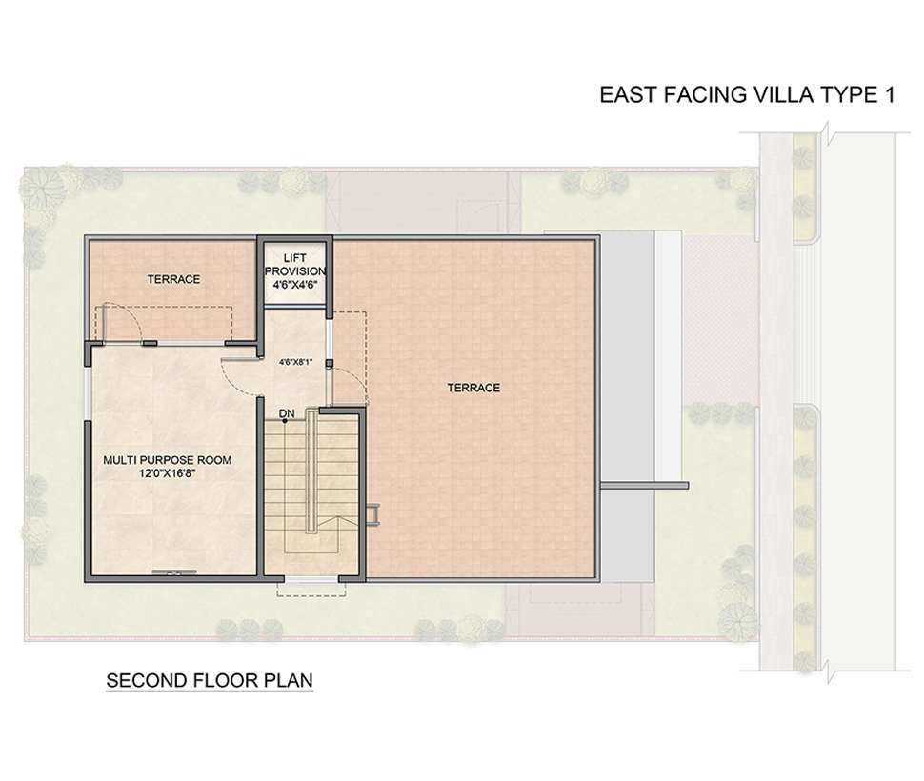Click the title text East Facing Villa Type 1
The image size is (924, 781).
[x=747, y=95]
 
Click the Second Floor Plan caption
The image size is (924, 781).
[x=210, y=680]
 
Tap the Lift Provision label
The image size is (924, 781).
[x=294, y=265]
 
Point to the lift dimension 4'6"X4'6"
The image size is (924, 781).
[x=294, y=285]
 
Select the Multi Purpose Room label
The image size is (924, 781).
[x=168, y=460]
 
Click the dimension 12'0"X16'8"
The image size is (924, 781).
[x=168, y=473]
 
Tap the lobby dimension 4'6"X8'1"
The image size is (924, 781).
[x=294, y=362]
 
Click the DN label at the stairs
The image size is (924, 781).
[x=287, y=413]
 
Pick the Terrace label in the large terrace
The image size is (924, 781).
[x=473, y=388]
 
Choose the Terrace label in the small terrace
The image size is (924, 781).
[x=173, y=279]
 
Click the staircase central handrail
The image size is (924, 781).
[x=311, y=472]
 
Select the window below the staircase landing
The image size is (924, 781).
[x=311, y=580]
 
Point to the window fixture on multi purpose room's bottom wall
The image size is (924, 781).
[x=173, y=571]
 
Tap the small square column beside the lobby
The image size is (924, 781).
[x=329, y=364]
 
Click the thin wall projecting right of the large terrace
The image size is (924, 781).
[x=644, y=486]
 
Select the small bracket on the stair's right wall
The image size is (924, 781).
[x=372, y=513]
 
